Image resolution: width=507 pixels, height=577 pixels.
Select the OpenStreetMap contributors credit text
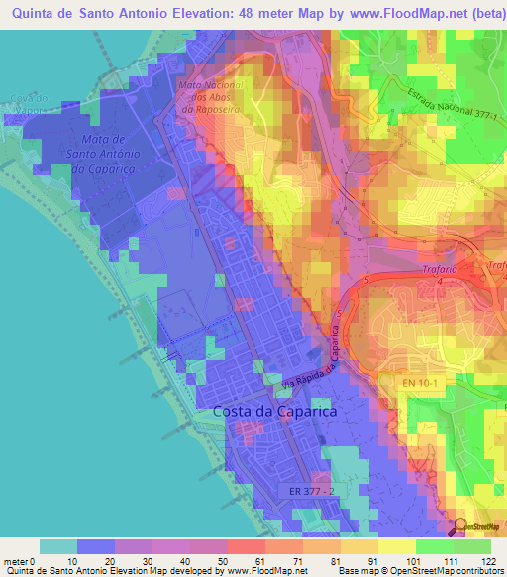(436, 571)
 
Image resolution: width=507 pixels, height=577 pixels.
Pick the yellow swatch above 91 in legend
(359, 546)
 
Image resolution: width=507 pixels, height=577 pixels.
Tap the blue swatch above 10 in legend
(96, 546)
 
